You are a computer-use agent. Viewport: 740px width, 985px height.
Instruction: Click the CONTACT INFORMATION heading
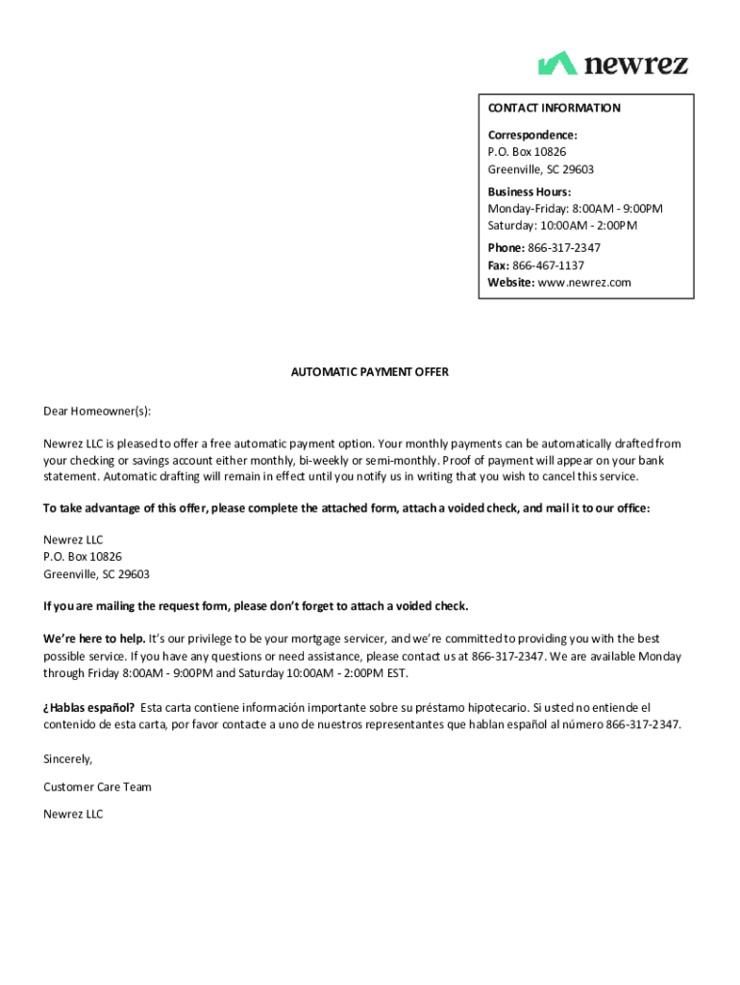point(554,108)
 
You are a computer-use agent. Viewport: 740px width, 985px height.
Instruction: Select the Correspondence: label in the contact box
point(531,136)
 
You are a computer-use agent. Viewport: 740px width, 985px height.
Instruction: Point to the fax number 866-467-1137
point(548,265)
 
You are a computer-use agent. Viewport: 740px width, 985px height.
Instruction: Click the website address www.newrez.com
point(584,283)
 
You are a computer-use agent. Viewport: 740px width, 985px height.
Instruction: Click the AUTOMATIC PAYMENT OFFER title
point(370,371)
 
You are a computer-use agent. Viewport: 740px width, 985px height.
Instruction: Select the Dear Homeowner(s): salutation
point(97,411)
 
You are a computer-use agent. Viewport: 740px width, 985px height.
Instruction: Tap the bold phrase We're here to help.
point(94,639)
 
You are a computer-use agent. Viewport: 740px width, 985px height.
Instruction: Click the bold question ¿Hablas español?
point(88,708)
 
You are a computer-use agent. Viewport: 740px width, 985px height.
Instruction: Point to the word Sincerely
point(67,759)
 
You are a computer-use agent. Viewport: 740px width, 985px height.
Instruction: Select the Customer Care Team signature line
point(97,787)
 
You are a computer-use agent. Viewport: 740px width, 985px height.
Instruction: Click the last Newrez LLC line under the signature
point(73,815)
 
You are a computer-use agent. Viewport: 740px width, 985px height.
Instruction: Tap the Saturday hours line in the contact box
point(562,226)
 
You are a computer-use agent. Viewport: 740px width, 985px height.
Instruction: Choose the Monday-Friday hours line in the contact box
point(575,209)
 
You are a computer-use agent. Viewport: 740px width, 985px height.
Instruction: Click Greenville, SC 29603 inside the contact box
point(540,169)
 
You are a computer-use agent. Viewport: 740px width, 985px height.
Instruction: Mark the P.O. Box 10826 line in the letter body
point(83,557)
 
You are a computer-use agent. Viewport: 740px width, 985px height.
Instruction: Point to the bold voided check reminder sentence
point(256,606)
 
